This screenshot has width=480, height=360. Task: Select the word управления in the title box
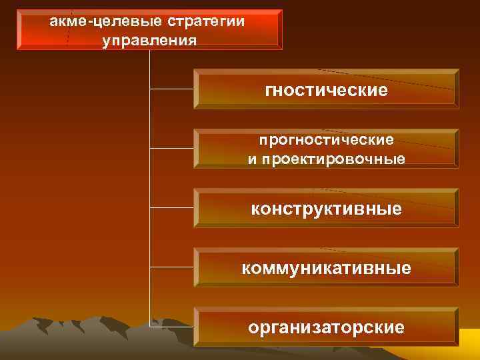[x=149, y=41]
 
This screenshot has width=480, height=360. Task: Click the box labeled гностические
[x=326, y=89]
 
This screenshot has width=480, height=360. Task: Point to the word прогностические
[x=326, y=141]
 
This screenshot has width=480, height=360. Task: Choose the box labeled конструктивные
[x=326, y=209]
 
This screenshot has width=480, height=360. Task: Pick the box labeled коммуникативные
[x=326, y=268]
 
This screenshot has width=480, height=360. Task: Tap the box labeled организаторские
[x=326, y=327]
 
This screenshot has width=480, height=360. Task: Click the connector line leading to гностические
[x=172, y=88]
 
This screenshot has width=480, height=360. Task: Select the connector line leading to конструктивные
[x=172, y=208]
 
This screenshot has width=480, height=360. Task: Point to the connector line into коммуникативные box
[x=172, y=268]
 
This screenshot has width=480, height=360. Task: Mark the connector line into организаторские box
[x=172, y=327]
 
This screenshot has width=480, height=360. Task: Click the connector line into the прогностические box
[x=172, y=148]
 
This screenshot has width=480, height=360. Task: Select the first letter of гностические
[x=269, y=89]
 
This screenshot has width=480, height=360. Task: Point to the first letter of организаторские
[x=253, y=327]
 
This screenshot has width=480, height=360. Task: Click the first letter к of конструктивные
[x=255, y=209]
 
